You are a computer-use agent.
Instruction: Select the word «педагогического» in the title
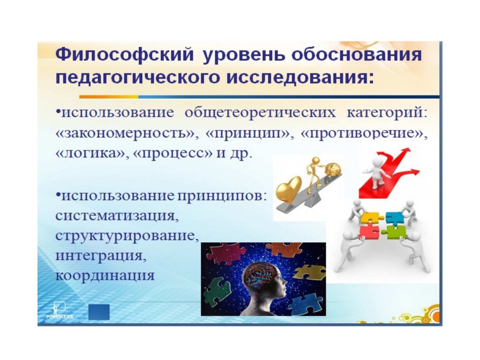coord(138,78)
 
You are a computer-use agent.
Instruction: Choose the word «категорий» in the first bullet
coord(386,112)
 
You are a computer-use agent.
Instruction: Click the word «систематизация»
coord(117,216)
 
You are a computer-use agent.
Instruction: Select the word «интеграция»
coord(101,256)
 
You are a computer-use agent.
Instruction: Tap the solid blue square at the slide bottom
coord(99,312)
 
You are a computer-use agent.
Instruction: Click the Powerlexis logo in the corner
coord(60,310)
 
